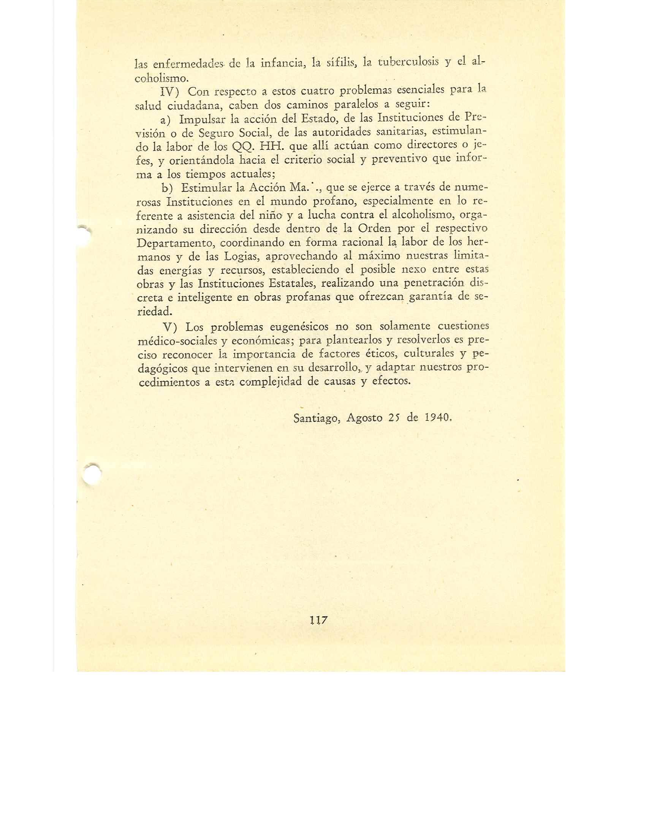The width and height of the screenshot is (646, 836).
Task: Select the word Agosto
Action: pyautogui.click(x=364, y=418)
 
